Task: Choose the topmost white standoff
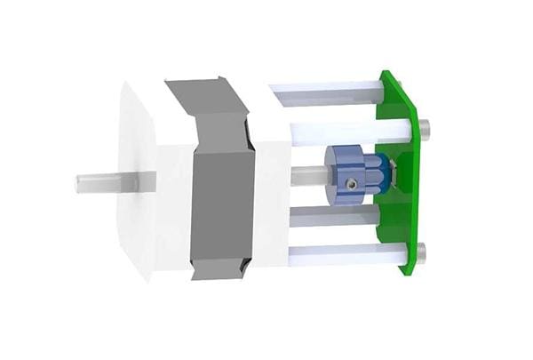click(x=329, y=91)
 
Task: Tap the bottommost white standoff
click(x=342, y=255)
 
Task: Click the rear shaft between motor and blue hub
click(x=306, y=175)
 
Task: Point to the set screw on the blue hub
click(x=353, y=184)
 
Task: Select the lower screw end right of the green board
click(x=421, y=253)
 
